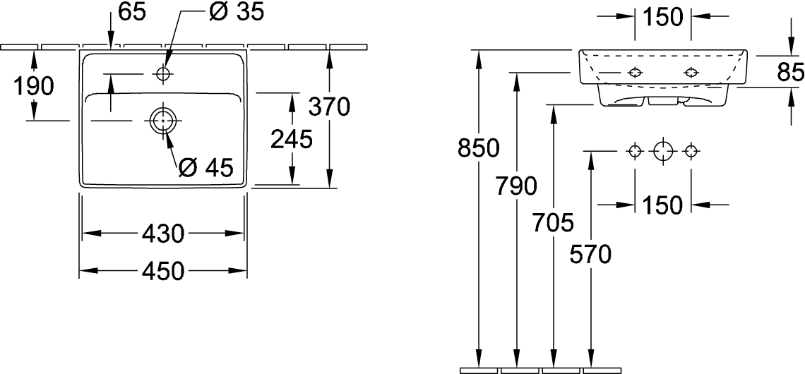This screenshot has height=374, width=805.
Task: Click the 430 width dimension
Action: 162,234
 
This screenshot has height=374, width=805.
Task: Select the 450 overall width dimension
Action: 162,271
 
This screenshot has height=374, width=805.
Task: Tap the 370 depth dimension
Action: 329,107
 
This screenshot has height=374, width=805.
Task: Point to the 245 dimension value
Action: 292,140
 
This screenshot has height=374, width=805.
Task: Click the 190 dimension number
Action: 33,86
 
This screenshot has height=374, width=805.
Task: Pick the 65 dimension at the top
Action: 132,12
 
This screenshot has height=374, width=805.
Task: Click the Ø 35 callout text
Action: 237,12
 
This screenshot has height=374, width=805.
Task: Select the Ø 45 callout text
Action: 206,167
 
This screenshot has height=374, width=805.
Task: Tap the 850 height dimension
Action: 479,149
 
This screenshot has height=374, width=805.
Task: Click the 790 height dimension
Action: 516,186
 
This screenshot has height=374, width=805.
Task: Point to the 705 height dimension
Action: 553,223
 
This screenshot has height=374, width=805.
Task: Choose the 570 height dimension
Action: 590,255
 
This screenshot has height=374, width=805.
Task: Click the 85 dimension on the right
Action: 791,73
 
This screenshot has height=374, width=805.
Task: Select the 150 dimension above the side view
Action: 663,17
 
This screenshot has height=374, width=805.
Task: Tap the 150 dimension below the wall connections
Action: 663,205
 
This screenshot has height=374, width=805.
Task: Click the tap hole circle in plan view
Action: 162,74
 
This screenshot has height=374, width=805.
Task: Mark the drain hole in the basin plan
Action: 162,121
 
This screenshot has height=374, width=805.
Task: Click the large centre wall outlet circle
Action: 663,151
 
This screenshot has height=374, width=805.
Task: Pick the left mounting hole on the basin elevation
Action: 635,73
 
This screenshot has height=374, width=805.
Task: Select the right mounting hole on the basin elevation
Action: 691,73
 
